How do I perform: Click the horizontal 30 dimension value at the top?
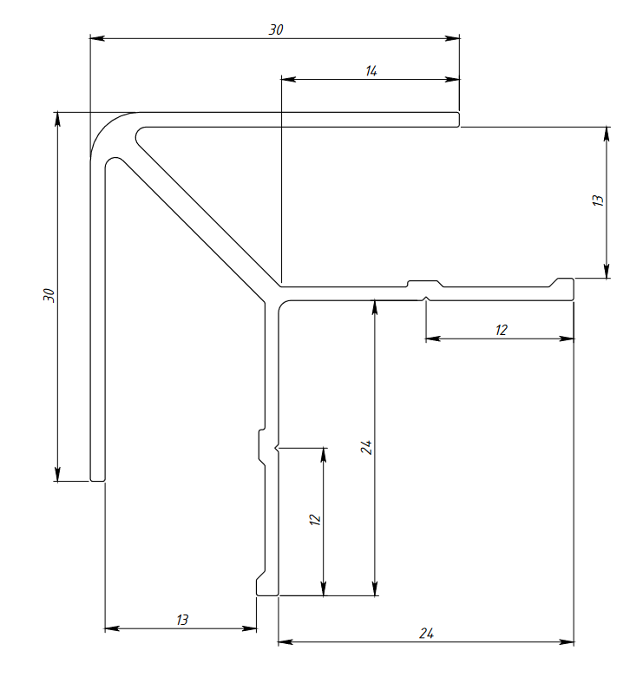pyautogui.click(x=276, y=30)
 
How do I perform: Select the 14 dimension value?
pyautogui.click(x=371, y=70)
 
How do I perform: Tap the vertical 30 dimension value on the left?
pyautogui.click(x=49, y=295)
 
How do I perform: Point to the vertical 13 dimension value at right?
pyautogui.click(x=597, y=200)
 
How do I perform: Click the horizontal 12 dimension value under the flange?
pyautogui.click(x=501, y=330)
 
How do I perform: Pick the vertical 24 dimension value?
pyautogui.click(x=367, y=448)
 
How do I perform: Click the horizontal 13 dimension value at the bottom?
pyautogui.click(x=181, y=620)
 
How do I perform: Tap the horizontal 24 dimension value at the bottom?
pyautogui.click(x=426, y=634)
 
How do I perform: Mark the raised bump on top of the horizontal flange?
pyautogui.click(x=425, y=282)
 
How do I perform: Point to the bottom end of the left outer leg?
pyautogui.click(x=97, y=477)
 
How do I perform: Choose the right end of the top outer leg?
pyautogui.click(x=456, y=119)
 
